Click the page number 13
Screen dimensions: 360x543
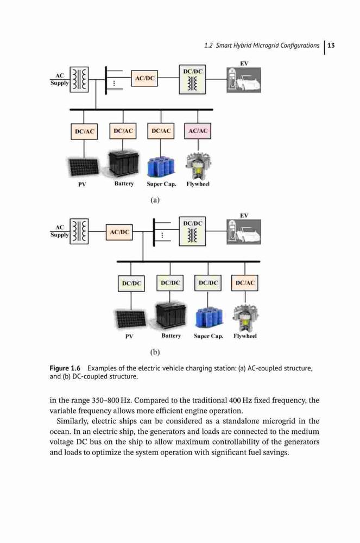pyautogui.click(x=331, y=46)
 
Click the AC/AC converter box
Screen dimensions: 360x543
pyautogui.click(x=198, y=131)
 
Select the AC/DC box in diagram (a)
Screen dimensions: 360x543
pyautogui.click(x=144, y=78)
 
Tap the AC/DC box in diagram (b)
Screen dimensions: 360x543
pyautogui.click(x=119, y=232)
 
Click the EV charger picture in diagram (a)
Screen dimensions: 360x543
pyautogui.click(x=244, y=80)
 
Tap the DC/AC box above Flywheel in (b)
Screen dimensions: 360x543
pyautogui.click(x=245, y=283)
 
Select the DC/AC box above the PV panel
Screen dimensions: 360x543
pyautogui.click(x=84, y=131)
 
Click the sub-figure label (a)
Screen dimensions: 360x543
pyautogui.click(x=155, y=200)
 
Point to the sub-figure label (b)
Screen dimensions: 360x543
pyautogui.click(x=155, y=352)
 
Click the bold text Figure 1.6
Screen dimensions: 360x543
pyautogui.click(x=65, y=368)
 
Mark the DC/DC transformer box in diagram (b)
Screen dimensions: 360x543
pyautogui.click(x=192, y=231)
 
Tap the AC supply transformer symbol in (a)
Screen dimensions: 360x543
pyautogui.click(x=79, y=79)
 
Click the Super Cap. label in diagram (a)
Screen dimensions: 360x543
pyautogui.click(x=161, y=184)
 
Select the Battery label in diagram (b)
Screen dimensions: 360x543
pyautogui.click(x=171, y=336)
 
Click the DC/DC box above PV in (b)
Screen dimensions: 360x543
pyautogui.click(x=131, y=283)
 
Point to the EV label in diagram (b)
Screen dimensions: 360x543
pyautogui.click(x=244, y=216)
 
